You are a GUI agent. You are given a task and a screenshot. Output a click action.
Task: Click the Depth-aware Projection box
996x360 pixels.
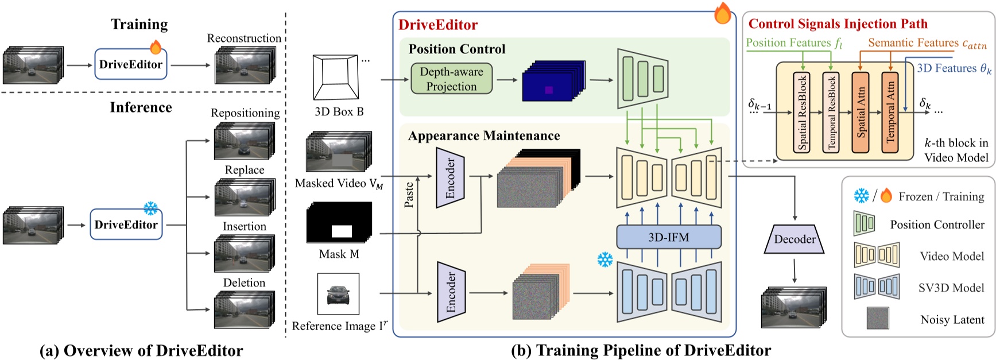pos(451,79)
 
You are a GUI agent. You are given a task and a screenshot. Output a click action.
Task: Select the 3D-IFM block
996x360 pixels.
pos(668,237)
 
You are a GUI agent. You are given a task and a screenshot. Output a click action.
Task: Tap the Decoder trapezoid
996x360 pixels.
pos(795,239)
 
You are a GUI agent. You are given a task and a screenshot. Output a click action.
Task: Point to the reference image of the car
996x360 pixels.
pos(338,294)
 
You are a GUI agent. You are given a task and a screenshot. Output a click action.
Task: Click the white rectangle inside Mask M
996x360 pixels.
pos(342,232)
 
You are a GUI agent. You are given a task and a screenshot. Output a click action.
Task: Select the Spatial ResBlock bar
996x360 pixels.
pos(802,113)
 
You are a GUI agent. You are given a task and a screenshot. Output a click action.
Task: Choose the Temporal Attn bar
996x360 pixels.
pos(890,113)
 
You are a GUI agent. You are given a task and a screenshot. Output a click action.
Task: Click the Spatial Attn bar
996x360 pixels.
pos(861,113)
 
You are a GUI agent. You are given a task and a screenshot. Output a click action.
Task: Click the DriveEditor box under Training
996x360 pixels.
pos(131,64)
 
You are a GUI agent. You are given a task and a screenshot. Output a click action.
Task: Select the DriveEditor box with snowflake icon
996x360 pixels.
pos(126,224)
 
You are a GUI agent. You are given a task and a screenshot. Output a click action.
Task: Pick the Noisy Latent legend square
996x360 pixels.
pos(878,319)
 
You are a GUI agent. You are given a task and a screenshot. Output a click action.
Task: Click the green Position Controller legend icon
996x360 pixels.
pos(864,224)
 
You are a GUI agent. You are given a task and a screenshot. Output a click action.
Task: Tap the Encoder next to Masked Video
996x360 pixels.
pos(450,178)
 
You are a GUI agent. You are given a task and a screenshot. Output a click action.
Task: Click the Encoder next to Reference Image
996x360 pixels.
pos(451,292)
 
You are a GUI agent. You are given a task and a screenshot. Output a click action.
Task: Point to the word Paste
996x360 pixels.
pos(409,195)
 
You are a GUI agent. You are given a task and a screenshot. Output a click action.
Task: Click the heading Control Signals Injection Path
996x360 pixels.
pos(838,24)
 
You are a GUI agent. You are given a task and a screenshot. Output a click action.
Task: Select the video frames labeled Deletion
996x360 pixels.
pos(244,309)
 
